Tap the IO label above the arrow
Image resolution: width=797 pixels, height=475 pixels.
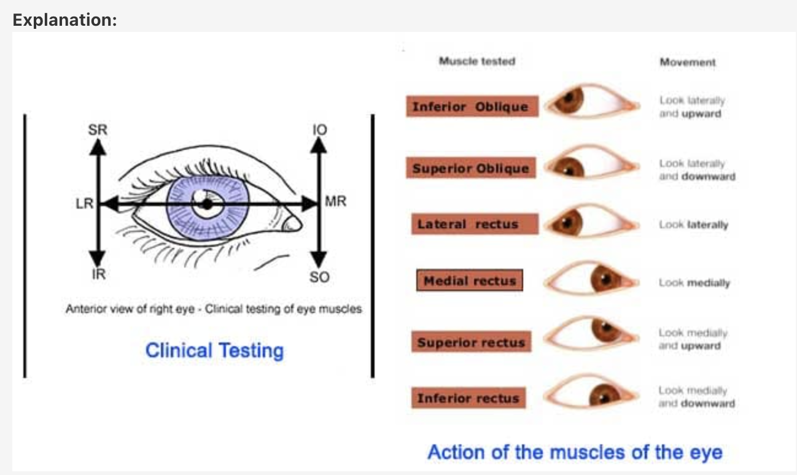pyautogui.click(x=319, y=129)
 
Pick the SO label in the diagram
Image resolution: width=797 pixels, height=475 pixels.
pyautogui.click(x=319, y=277)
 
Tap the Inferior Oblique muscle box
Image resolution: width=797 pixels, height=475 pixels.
pyautogui.click(x=470, y=107)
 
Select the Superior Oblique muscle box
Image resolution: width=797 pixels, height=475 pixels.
pyautogui.click(x=470, y=168)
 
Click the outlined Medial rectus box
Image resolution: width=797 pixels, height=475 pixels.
pyautogui.click(x=470, y=281)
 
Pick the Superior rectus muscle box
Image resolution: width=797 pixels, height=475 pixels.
pyautogui.click(x=471, y=342)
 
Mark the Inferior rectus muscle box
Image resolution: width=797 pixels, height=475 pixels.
pyautogui.click(x=468, y=398)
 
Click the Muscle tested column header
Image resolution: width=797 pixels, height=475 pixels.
pyautogui.click(x=476, y=61)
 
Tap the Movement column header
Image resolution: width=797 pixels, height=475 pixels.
pyautogui.click(x=688, y=62)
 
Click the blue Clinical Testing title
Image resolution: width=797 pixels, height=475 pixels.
pyautogui.click(x=214, y=350)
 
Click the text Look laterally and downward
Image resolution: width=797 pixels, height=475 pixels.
pyautogui.click(x=696, y=170)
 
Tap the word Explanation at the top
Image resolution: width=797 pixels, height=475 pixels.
pyautogui.click(x=65, y=20)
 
